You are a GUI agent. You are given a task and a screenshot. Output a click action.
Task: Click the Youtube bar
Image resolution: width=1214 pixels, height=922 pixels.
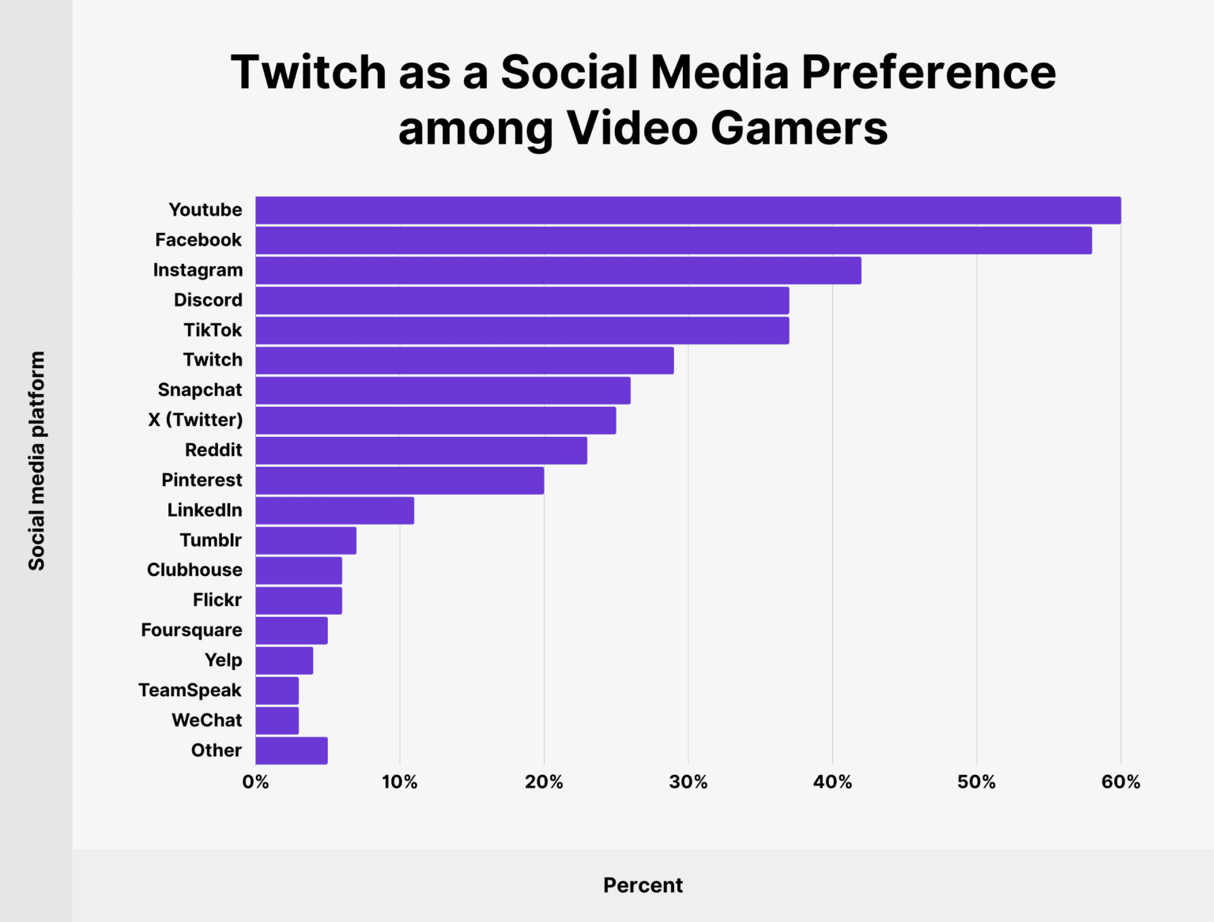tap(688, 210)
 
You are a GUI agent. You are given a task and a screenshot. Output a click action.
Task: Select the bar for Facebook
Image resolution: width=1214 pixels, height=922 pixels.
tap(673, 240)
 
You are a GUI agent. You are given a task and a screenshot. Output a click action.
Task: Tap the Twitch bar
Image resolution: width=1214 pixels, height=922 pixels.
tap(465, 360)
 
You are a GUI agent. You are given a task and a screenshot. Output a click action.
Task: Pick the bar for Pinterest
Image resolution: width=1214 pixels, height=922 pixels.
tap(399, 480)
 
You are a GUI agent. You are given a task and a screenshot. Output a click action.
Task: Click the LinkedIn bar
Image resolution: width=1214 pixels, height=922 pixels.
tap(334, 510)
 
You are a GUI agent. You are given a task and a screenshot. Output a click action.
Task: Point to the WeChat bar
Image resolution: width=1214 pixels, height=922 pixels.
tap(277, 721)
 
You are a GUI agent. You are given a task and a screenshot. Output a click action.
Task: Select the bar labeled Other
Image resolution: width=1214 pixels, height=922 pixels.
tap(291, 751)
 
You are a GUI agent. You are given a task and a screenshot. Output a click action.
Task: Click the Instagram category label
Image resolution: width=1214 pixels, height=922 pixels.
tap(198, 270)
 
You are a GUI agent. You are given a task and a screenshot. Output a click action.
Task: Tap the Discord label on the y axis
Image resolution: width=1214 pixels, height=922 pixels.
tap(208, 300)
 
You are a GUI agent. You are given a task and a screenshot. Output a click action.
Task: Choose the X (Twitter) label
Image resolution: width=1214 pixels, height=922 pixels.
tap(195, 420)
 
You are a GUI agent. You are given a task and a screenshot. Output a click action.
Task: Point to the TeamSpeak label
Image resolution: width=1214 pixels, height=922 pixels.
tap(190, 691)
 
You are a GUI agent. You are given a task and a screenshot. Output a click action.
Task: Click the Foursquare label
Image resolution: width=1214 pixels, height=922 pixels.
tap(191, 630)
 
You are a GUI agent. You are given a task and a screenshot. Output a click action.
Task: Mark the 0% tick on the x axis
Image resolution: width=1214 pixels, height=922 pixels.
tap(255, 782)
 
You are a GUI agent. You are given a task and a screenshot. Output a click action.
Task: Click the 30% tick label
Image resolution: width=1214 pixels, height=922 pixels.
tap(688, 782)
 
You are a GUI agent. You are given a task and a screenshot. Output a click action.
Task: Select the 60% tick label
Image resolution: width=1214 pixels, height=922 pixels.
tap(1121, 782)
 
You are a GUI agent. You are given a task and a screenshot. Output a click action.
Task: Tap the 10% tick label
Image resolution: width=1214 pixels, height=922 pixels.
tap(399, 782)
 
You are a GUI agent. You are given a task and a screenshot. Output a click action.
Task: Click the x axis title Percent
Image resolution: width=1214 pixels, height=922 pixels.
tap(643, 885)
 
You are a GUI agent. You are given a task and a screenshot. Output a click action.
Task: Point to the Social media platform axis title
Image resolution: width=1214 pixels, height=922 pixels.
tap(36, 461)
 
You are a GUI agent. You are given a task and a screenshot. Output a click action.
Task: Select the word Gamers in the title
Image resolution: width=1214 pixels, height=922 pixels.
tap(798, 128)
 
